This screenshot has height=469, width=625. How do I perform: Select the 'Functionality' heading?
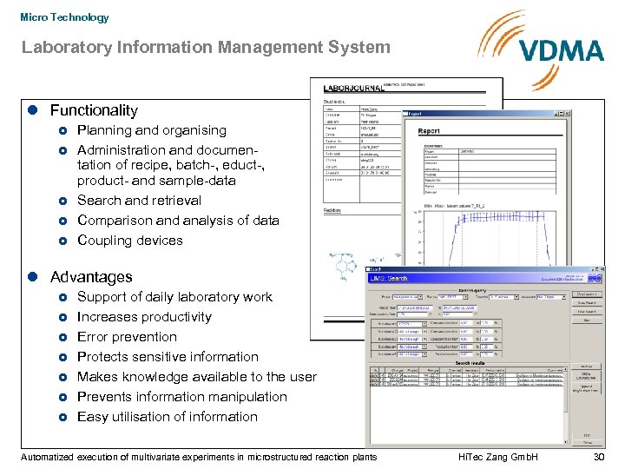(x=94, y=110)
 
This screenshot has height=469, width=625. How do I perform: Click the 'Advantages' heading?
(x=91, y=277)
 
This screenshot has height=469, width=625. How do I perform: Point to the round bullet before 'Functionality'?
(x=31, y=110)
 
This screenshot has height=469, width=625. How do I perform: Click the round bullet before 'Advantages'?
(x=31, y=277)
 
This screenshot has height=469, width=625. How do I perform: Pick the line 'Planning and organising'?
(x=151, y=130)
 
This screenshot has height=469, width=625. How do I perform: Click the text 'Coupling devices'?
(x=129, y=241)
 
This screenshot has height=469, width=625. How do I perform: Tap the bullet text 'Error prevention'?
(x=127, y=337)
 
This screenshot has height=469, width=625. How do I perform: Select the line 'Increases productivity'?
(x=144, y=317)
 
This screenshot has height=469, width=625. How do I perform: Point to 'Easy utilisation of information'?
(x=167, y=417)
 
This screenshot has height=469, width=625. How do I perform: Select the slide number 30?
(x=597, y=457)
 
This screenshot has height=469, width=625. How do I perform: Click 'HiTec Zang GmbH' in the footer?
(x=497, y=457)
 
